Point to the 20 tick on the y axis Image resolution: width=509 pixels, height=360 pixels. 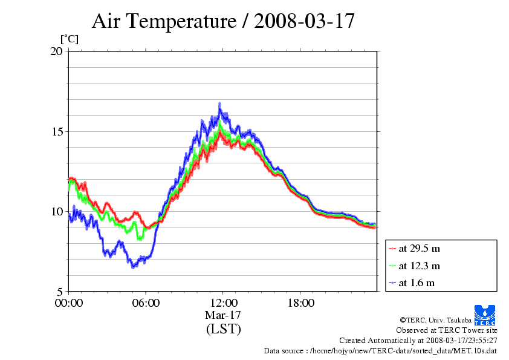(x=57, y=51)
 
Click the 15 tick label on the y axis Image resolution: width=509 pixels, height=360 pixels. (x=57, y=131)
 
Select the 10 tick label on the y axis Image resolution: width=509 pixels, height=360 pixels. (x=57, y=211)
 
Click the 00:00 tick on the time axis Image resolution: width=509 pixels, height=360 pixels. (x=69, y=303)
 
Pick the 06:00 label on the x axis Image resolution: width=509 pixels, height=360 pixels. (x=146, y=303)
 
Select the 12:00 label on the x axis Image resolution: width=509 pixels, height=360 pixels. (x=223, y=303)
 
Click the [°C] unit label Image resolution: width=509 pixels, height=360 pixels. (x=69, y=39)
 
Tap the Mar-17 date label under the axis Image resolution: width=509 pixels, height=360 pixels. (x=223, y=315)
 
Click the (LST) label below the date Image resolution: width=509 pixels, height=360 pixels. (x=223, y=329)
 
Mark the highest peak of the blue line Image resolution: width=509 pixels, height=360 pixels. (x=219, y=103)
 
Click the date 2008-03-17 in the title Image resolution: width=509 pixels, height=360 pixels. (x=304, y=21)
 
